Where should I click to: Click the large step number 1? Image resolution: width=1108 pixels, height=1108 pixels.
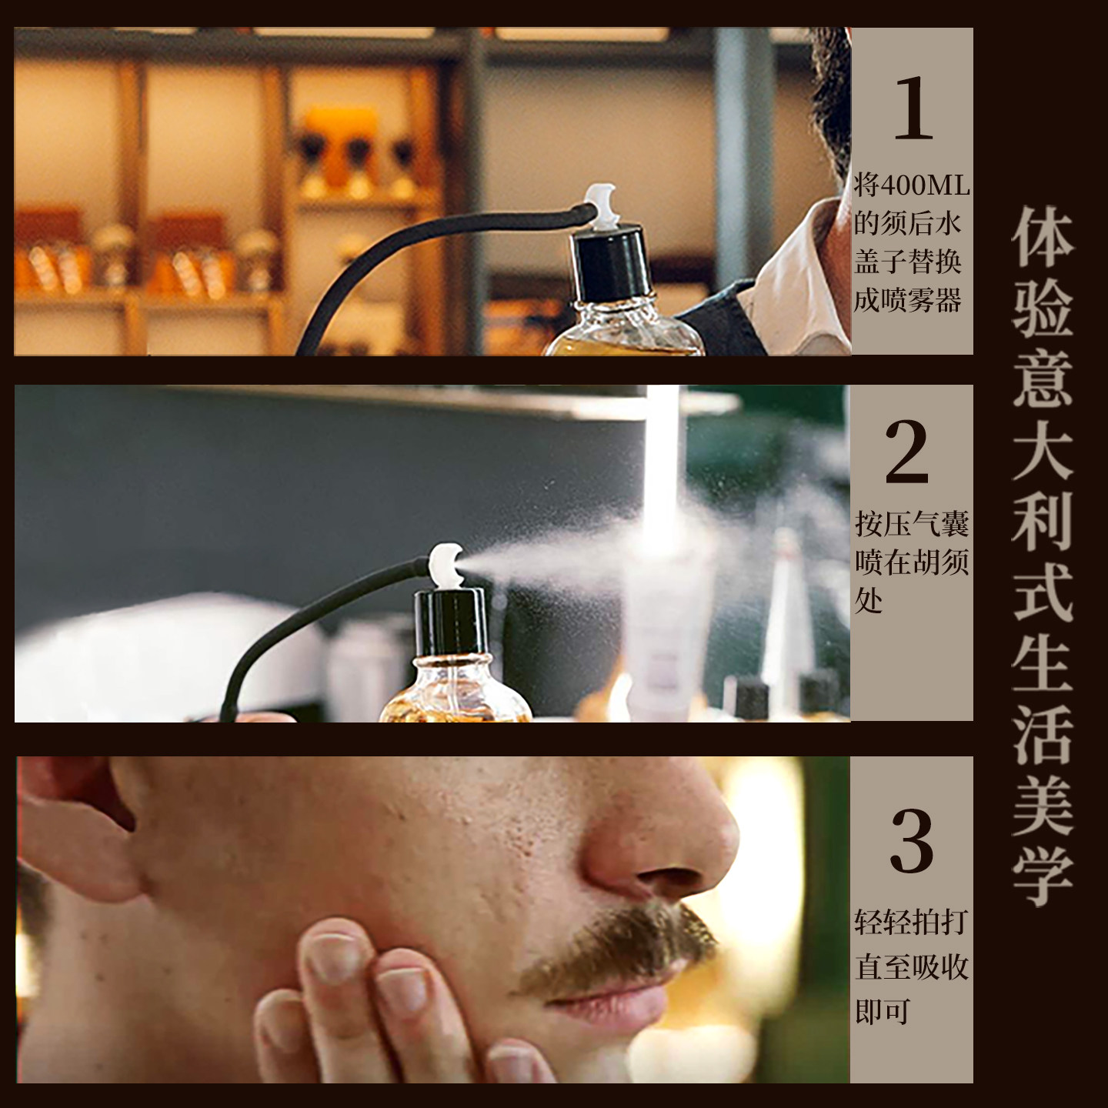click(913, 108)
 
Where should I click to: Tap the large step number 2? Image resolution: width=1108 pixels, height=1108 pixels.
click(907, 452)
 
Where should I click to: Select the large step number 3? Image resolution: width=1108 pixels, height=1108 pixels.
click(912, 840)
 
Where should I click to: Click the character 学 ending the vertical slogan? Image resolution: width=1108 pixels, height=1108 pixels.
click(1043, 877)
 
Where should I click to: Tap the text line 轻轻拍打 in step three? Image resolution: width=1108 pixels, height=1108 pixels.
click(911, 922)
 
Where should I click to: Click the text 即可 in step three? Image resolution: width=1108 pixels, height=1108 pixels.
click(883, 1011)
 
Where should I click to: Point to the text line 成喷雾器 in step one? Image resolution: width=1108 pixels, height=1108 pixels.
click(908, 300)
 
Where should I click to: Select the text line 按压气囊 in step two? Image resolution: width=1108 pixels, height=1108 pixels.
click(912, 525)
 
